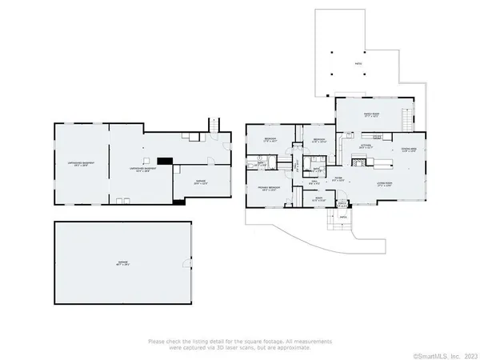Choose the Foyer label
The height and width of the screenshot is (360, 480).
(338, 179)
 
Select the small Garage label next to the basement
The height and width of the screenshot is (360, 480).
(199, 182)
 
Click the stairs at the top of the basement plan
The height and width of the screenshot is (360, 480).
(214, 126)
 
